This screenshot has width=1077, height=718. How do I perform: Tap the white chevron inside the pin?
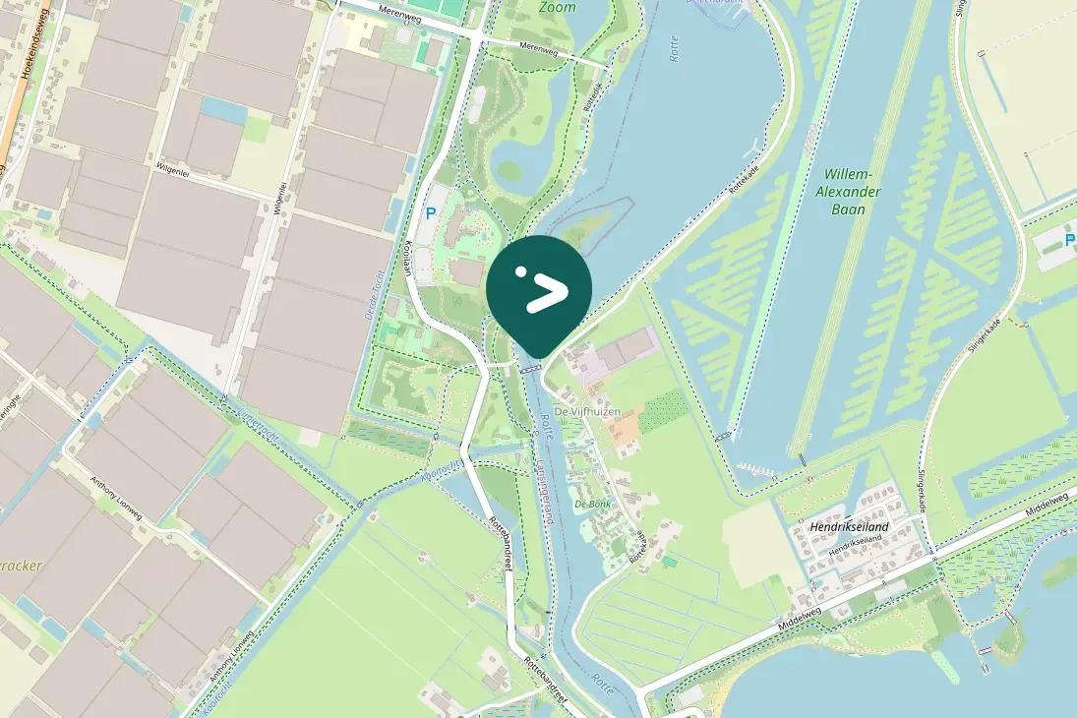coord(547,292)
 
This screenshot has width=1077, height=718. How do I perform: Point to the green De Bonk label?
coord(593,504)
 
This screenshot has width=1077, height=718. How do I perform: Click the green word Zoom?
coord(557,7)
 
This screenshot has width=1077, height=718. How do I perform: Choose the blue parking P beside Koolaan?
coord(429,212)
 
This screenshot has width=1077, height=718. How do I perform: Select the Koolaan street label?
coord(409,264)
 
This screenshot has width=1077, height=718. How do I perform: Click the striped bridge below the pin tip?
coord(532,369)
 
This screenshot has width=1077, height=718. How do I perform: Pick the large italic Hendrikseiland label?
coord(850,527)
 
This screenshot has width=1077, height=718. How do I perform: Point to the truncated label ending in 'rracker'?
coord(22,568)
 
